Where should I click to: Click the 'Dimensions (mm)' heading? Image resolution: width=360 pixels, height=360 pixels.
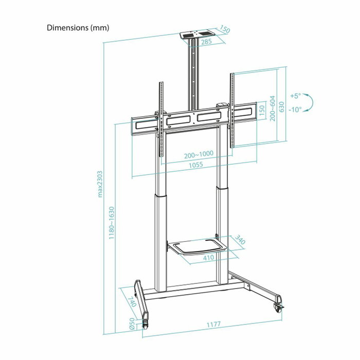coord(78,27)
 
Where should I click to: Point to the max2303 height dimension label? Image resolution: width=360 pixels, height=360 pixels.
coord(101,184)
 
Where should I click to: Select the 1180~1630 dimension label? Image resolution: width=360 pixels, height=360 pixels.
coord(112,223)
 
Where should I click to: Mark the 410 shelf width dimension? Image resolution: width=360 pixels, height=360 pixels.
coord(208,257)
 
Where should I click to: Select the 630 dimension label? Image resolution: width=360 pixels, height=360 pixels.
coord(281,106)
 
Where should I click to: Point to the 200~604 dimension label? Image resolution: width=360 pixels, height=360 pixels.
coord(273,108)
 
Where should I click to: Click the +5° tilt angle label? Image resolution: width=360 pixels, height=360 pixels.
coord(295,96)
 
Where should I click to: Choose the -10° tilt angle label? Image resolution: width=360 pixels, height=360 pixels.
coord(295,110)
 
